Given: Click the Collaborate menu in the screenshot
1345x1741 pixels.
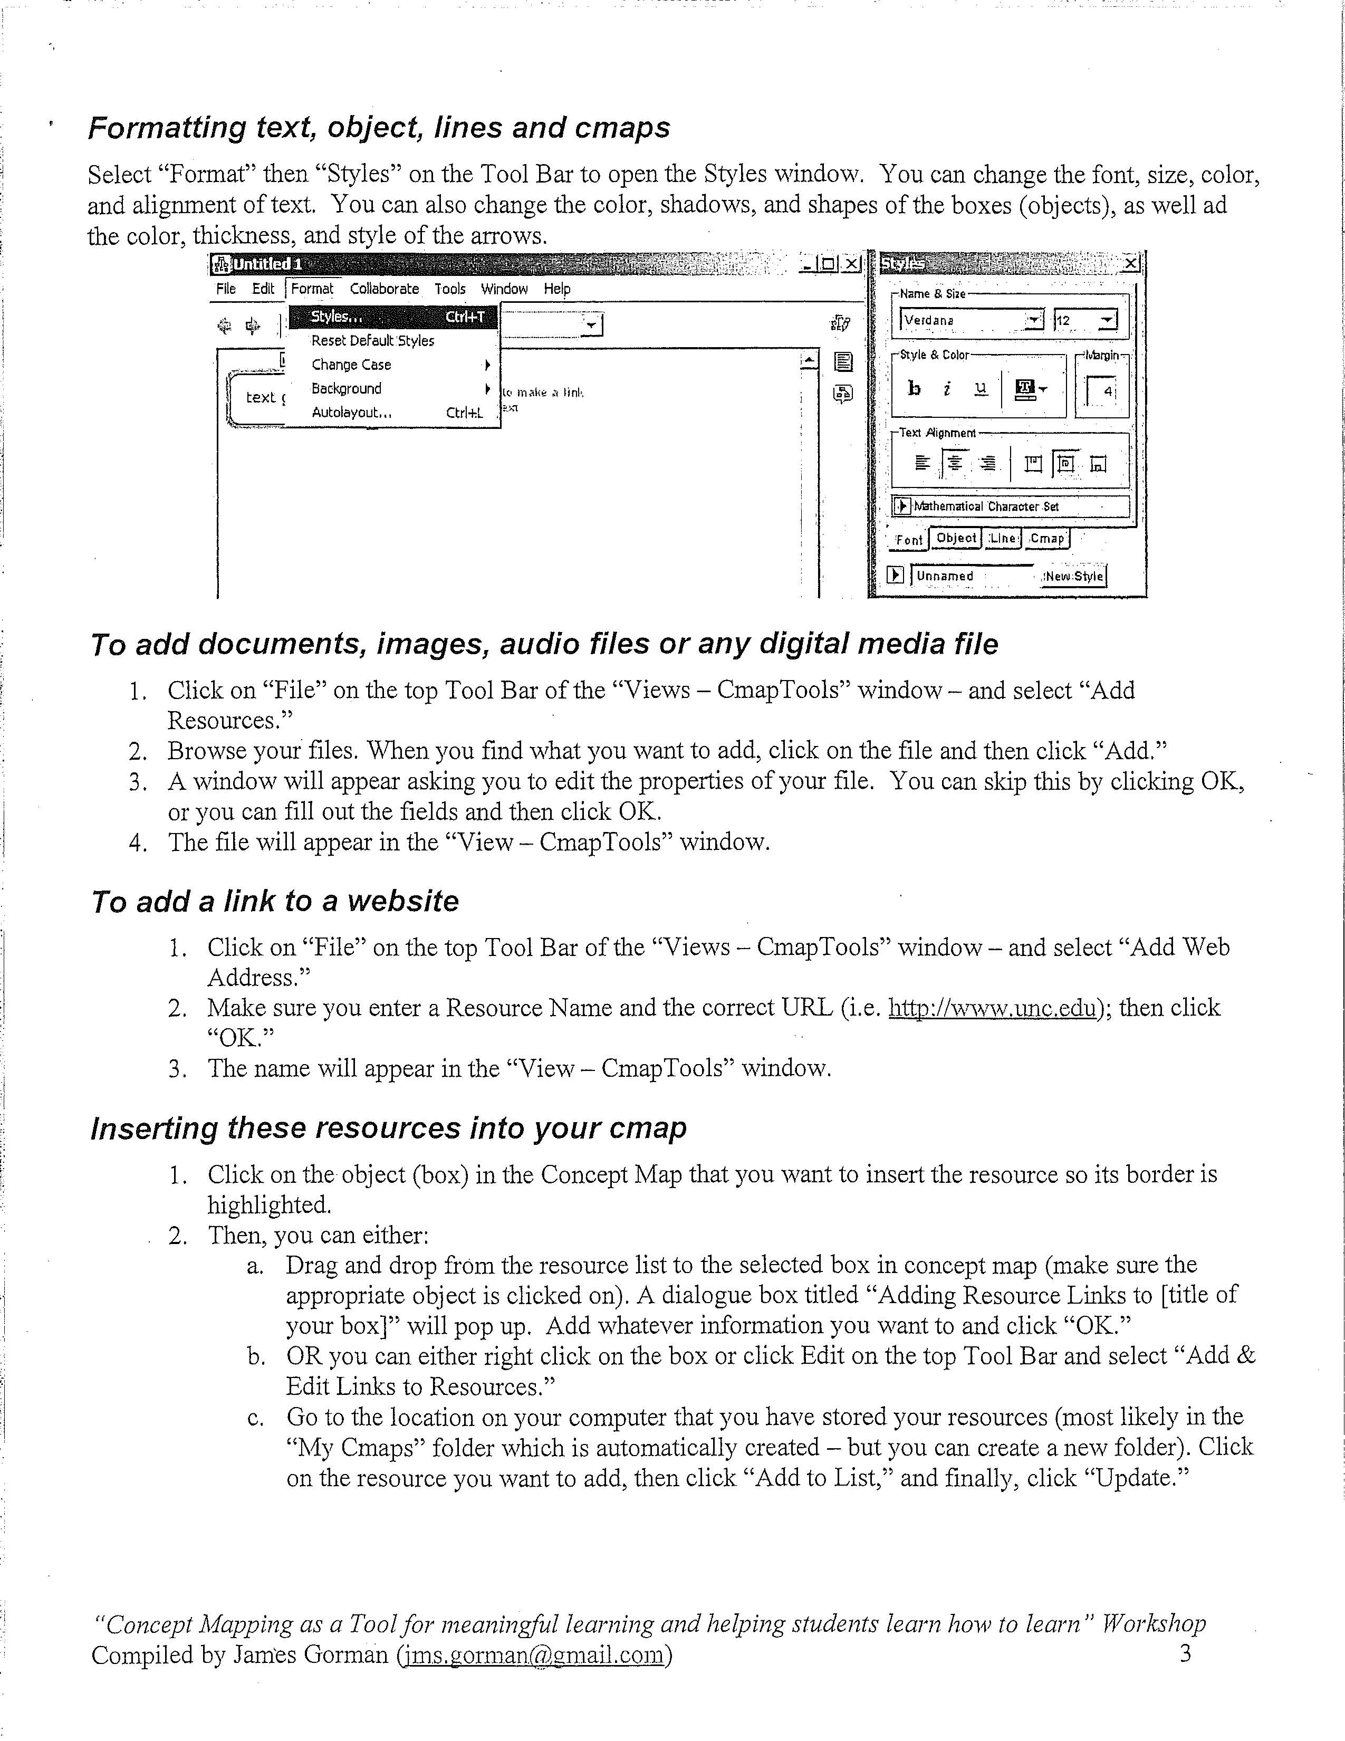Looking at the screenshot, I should [x=384, y=289].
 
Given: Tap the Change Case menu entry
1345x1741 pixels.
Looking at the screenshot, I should [x=351, y=365].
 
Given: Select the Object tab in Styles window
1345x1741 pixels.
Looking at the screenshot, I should [x=956, y=538].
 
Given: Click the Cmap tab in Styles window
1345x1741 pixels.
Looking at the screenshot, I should [x=1047, y=539].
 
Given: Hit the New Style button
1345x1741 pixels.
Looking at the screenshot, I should [x=1074, y=576].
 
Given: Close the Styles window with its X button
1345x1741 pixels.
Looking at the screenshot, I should [x=1131, y=263].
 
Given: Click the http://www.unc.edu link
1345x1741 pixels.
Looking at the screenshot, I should [x=992, y=1008].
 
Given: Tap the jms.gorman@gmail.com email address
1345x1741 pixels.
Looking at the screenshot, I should [x=534, y=1655].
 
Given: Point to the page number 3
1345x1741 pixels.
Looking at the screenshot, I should [x=1185, y=1654].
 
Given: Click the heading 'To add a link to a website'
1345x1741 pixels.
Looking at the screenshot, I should [x=275, y=901].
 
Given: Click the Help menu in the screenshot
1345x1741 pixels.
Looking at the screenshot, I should [x=557, y=289].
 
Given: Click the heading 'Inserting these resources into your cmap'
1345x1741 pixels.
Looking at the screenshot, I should [x=388, y=1128].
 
